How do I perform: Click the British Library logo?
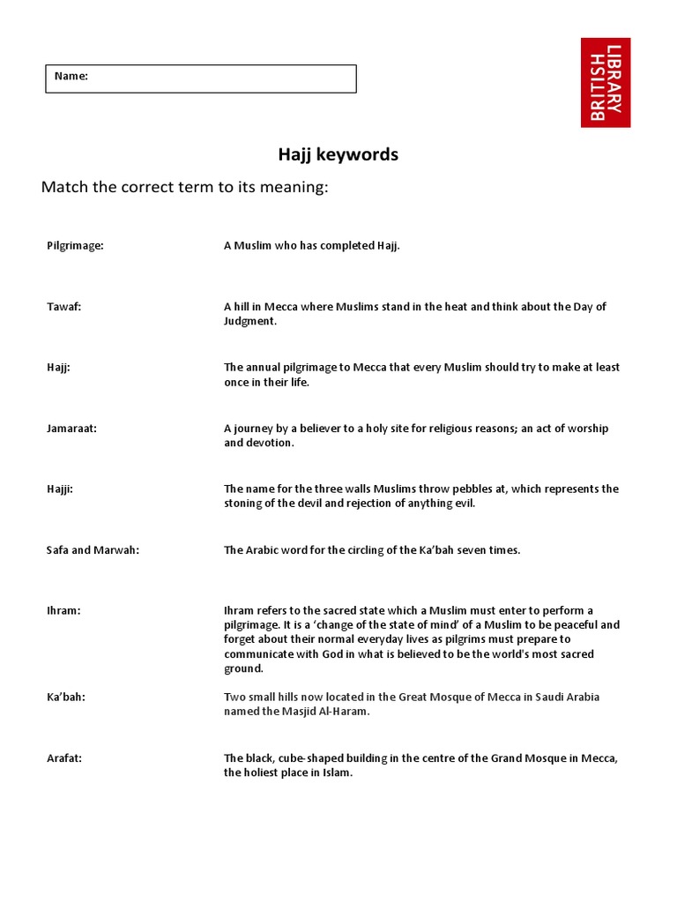(606, 82)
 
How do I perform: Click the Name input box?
(201, 78)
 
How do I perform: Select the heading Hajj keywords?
(338, 155)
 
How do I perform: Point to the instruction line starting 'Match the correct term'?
(184, 188)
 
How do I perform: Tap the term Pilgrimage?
(75, 246)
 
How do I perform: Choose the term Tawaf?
(63, 307)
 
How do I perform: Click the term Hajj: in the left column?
(58, 368)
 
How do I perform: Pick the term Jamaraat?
(71, 429)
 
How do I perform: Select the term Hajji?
(60, 489)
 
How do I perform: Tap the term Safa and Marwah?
(93, 550)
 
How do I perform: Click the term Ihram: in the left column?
(63, 611)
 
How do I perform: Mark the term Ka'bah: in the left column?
(66, 697)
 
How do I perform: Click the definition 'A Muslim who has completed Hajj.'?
(312, 246)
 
